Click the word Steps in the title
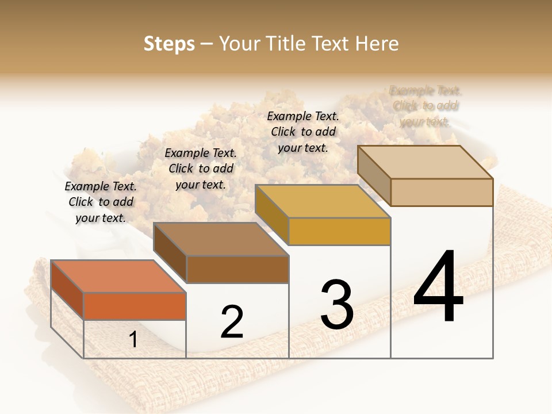169,44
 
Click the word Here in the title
377,44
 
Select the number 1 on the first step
133,340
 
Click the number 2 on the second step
232,321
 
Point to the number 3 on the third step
337,304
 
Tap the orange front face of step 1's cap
135,306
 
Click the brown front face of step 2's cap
237,269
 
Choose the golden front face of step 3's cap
339,232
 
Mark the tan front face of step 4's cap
442,192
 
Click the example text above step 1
101,202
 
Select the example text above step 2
201,168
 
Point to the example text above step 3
303,132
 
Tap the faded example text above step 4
425,106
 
